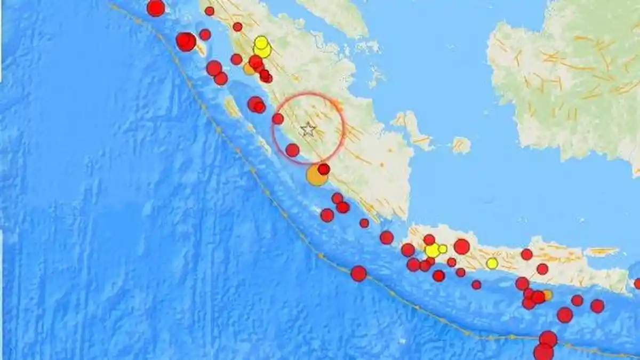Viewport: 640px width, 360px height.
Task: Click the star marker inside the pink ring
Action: [x=308, y=129]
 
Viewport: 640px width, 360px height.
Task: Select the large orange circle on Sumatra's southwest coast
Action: [x=316, y=175]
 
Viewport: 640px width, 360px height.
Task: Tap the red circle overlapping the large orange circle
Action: [x=324, y=169]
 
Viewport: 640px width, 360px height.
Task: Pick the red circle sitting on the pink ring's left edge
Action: [x=278, y=118]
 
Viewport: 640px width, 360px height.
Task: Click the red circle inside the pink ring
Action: [x=292, y=150]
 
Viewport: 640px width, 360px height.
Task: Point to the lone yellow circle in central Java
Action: [x=492, y=263]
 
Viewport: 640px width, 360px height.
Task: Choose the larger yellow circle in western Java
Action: [x=433, y=250]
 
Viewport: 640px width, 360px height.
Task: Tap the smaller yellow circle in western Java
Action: [x=443, y=249]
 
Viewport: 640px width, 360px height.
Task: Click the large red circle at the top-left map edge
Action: [x=156, y=7]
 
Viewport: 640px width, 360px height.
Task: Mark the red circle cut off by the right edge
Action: [x=637, y=284]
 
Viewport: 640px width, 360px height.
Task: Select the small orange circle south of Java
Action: [x=547, y=295]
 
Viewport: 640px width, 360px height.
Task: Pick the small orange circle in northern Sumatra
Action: [x=249, y=69]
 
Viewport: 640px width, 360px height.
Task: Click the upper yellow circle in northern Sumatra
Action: [x=261, y=42]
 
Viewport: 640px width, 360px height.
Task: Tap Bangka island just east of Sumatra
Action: [x=411, y=128]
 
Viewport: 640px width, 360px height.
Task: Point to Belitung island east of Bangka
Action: [x=461, y=145]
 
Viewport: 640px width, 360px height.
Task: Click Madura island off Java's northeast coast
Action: [x=603, y=251]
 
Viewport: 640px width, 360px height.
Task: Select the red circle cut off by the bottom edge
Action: [x=543, y=353]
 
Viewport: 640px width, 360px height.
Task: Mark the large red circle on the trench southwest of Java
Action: [x=358, y=274]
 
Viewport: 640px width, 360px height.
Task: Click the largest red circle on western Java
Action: [x=462, y=246]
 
